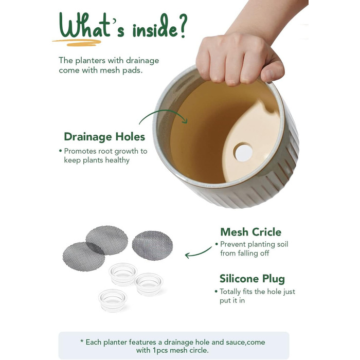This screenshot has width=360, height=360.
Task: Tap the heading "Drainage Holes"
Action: coord(104,137)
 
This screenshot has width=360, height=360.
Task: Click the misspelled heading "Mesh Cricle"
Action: coord(251,232)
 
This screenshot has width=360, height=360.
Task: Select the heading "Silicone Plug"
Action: coord(252,279)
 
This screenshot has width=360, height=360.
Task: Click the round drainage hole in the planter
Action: coord(243,152)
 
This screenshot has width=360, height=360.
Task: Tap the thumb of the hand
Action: coord(272,70)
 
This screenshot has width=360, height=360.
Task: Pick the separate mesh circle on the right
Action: coord(152,245)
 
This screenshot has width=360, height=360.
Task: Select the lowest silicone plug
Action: coord(113,300)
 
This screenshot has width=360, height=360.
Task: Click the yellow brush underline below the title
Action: coord(77,42)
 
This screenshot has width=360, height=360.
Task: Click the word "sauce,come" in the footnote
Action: coord(245,342)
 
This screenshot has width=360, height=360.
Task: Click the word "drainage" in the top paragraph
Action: coord(142,61)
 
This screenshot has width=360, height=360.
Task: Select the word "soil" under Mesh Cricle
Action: coord(282,244)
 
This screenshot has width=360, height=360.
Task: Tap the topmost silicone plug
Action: coord(123,274)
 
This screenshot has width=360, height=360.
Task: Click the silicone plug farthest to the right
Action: coord(149,284)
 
